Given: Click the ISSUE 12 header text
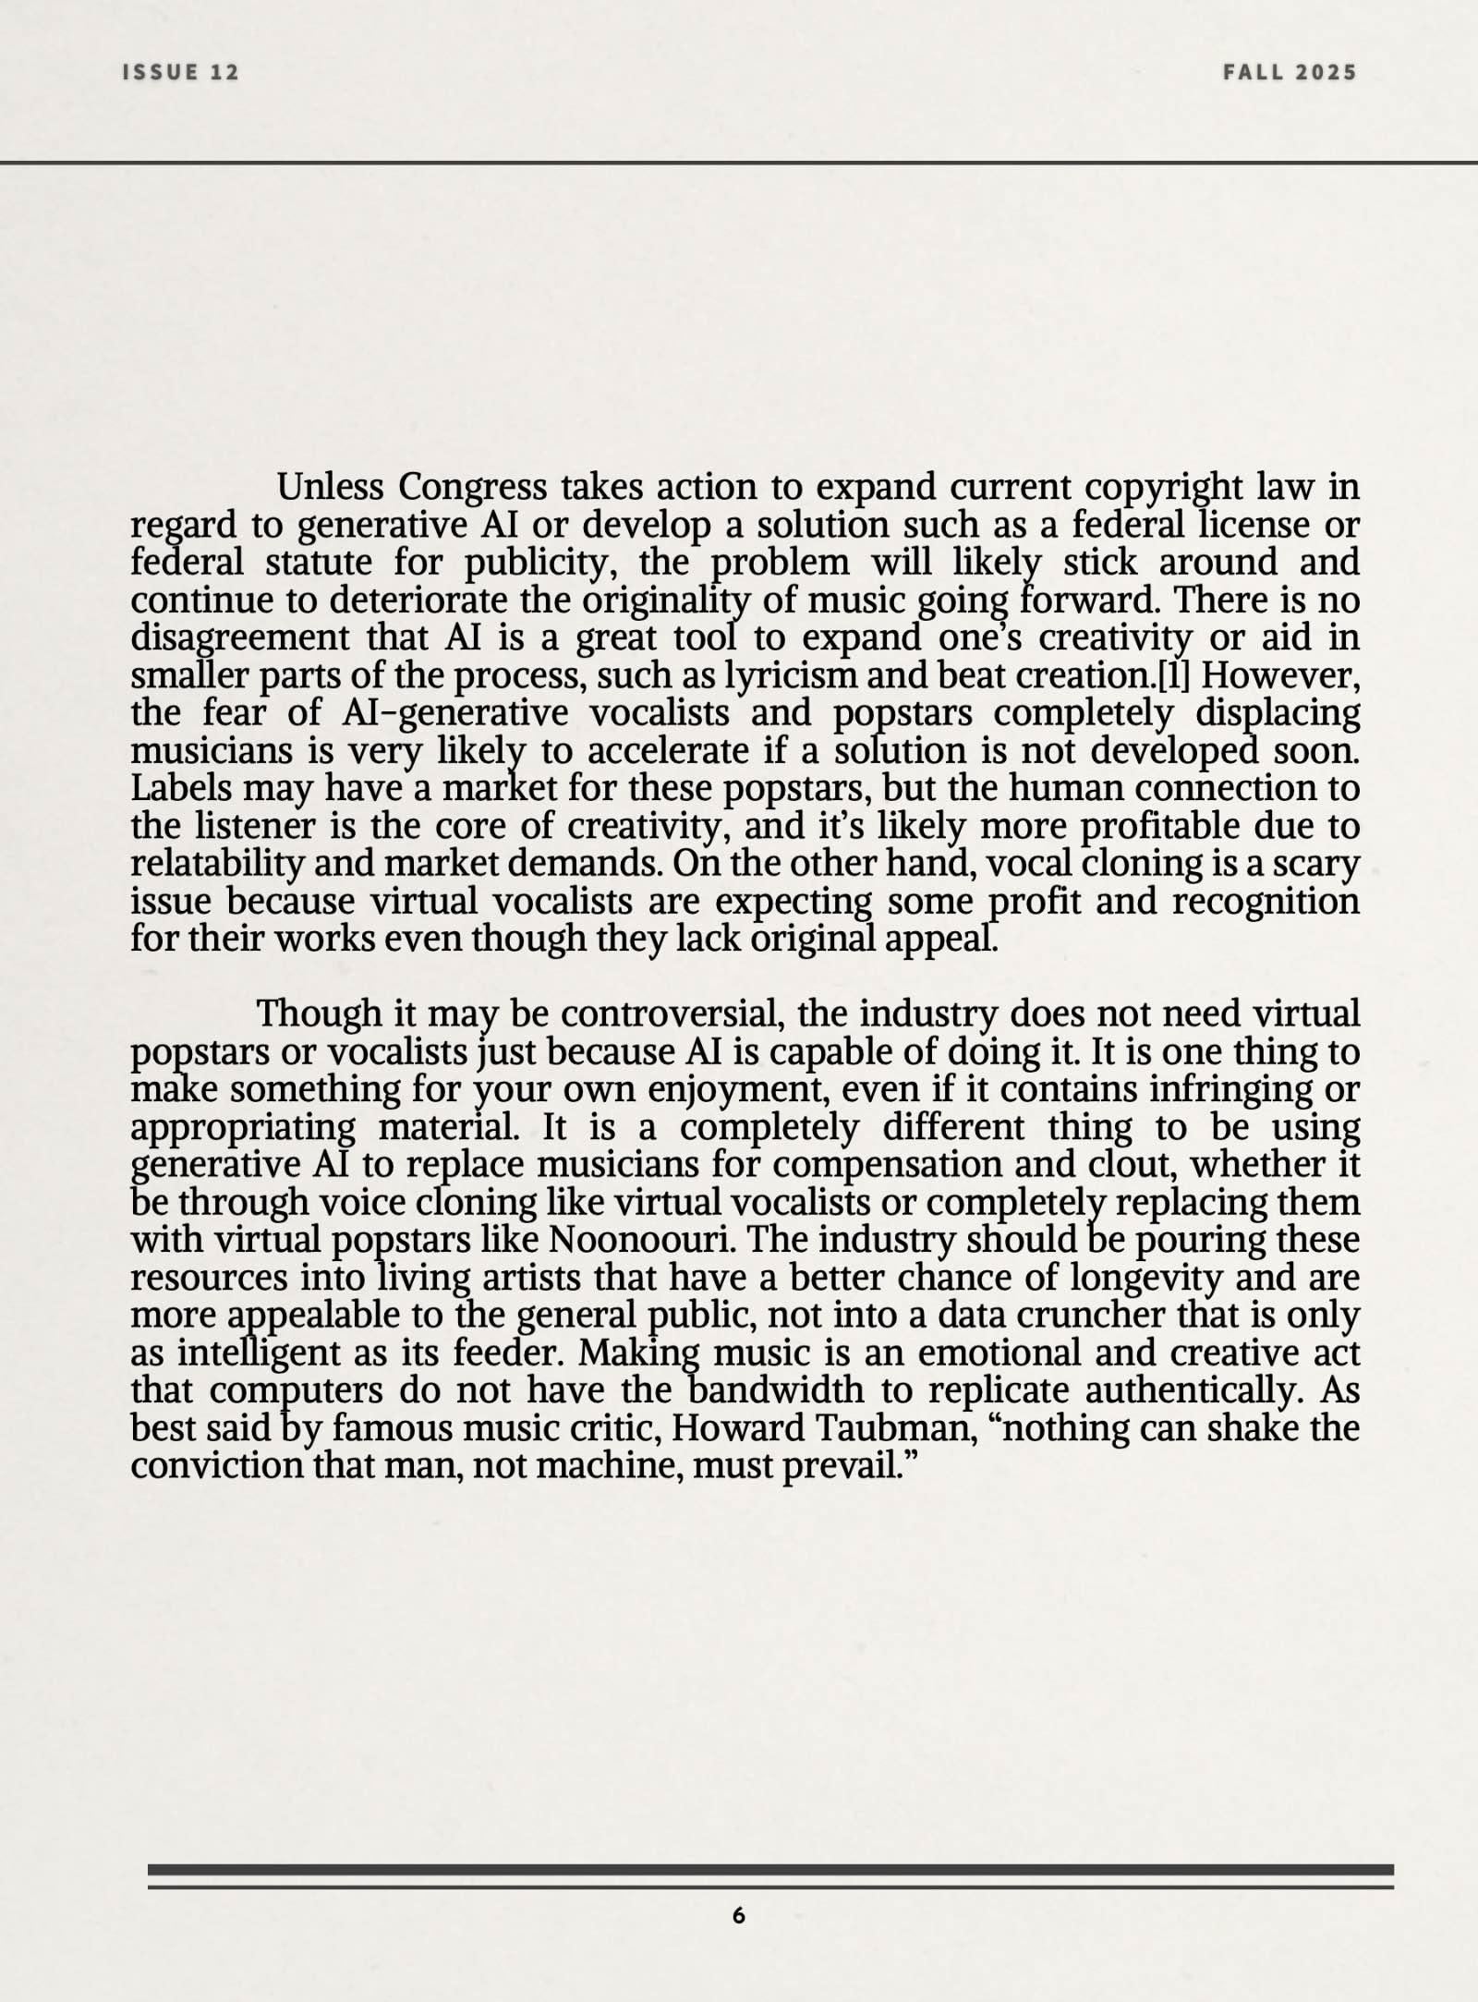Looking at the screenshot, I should (x=181, y=72).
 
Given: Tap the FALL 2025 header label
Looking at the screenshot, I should (x=1290, y=72).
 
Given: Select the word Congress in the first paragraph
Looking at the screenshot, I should (x=472, y=486).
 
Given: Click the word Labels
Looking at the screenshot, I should (x=181, y=788).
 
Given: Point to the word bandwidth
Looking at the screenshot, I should (x=776, y=1389).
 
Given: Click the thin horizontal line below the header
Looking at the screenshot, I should (x=739, y=164).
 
